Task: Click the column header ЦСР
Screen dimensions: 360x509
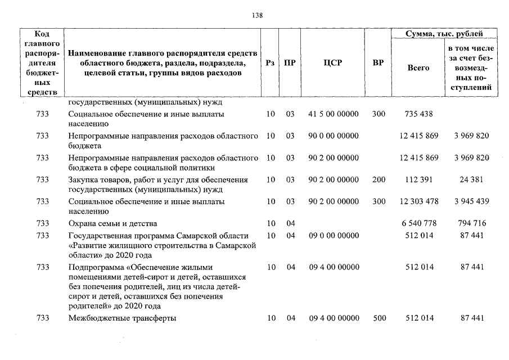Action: [x=333, y=63]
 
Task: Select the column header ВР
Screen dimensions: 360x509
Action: [x=379, y=63]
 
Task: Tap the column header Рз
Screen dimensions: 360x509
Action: [x=270, y=63]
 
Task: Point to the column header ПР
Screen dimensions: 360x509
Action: [x=290, y=63]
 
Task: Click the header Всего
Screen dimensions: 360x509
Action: [x=418, y=67]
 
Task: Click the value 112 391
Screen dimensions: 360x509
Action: [x=418, y=179]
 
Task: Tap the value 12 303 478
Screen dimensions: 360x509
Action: [x=418, y=201]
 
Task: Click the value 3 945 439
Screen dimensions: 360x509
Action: [x=471, y=201]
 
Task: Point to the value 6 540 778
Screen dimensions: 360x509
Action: [x=418, y=223]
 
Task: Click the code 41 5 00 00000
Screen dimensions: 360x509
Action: [x=333, y=114]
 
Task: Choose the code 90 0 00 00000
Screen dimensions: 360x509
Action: [x=333, y=136]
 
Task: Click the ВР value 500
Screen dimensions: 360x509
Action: [x=379, y=318]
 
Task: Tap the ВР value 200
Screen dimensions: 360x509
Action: [x=379, y=179]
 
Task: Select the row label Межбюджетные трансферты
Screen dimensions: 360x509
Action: [x=121, y=318]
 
